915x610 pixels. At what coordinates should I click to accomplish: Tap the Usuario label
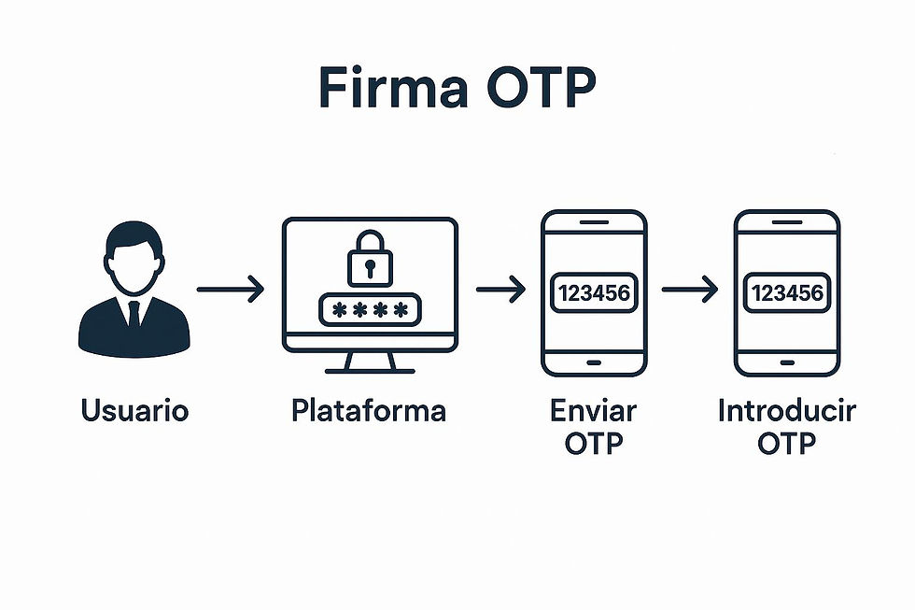[134, 410]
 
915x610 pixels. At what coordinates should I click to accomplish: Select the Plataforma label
[369, 410]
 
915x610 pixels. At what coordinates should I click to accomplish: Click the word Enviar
[593, 410]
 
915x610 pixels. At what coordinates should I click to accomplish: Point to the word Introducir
[786, 410]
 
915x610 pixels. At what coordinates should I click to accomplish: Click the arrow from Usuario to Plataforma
[231, 291]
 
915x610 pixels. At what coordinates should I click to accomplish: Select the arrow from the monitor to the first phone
[500, 291]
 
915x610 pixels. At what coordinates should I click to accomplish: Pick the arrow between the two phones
[690, 291]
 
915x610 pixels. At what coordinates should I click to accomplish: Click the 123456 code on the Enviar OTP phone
[594, 293]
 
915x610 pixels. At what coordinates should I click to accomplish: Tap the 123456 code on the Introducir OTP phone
[787, 293]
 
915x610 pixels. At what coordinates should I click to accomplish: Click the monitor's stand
[371, 362]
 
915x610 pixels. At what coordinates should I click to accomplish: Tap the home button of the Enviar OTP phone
[594, 360]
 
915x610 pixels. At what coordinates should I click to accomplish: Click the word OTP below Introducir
[786, 442]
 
